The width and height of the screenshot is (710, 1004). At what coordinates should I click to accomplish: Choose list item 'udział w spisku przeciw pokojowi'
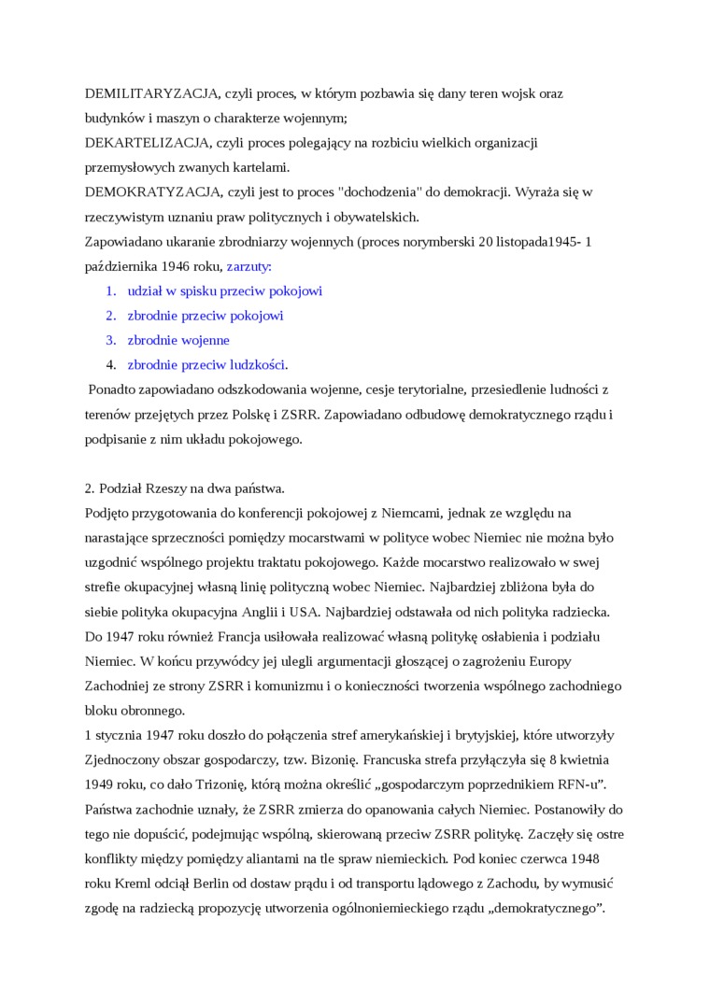[224, 291]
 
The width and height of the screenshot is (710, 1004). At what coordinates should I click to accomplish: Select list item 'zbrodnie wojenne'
[178, 340]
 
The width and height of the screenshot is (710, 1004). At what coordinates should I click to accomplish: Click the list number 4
[110, 364]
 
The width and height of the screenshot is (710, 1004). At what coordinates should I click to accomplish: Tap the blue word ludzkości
[259, 364]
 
